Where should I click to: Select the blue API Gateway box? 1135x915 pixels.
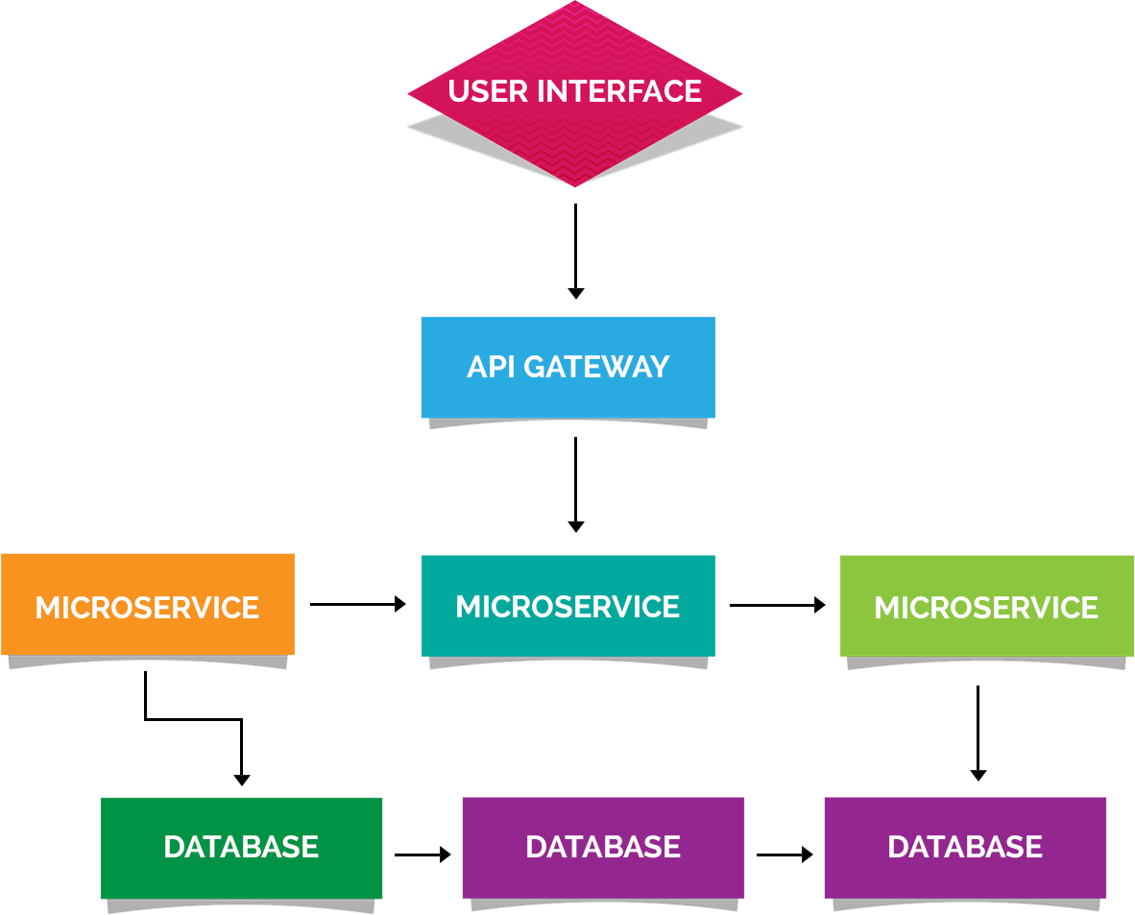568,368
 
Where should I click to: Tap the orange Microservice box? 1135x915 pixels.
147,607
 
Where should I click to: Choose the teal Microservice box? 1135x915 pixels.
568,607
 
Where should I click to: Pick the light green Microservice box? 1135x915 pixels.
986,607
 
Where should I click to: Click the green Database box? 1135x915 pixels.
241,847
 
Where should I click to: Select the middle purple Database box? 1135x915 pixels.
603,847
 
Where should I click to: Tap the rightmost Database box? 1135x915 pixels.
965,847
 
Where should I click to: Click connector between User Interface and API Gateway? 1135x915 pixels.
575,252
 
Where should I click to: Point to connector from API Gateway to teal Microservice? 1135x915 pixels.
575,485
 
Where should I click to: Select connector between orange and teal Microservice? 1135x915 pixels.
358,604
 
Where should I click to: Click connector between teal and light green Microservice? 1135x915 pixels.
778,604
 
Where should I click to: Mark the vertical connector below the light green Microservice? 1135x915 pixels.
978,734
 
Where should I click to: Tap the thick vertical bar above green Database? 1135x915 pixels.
242,753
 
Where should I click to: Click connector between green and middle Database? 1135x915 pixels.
423,854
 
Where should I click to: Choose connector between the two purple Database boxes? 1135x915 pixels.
785,854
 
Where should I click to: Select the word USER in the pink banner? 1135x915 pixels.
488,91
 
